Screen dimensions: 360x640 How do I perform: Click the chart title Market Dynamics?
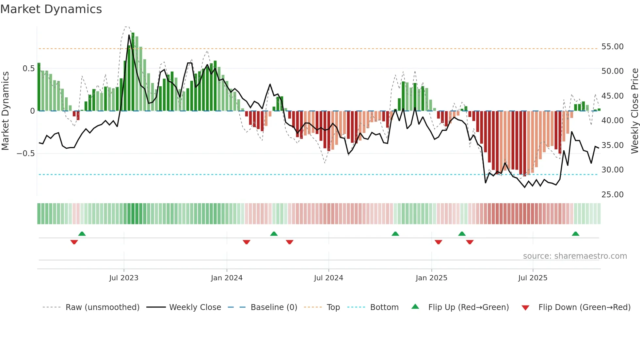pyautogui.click(x=51, y=9)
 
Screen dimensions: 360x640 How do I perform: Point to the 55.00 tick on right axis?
pyautogui.click(x=612, y=47)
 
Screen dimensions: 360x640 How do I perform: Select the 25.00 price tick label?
pyautogui.click(x=612, y=195)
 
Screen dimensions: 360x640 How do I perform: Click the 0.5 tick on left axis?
pyautogui.click(x=28, y=69)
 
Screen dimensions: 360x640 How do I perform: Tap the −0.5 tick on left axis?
pyautogui.click(x=26, y=154)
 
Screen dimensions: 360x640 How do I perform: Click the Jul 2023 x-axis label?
pyautogui.click(x=124, y=278)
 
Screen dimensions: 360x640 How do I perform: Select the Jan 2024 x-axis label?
pyautogui.click(x=227, y=278)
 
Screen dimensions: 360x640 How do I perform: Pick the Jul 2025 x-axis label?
pyautogui.click(x=533, y=278)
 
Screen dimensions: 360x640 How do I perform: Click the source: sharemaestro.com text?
pyautogui.click(x=575, y=256)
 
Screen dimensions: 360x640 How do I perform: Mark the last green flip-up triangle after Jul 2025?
pyautogui.click(x=575, y=234)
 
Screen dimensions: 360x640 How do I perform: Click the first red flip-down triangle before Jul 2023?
pyautogui.click(x=74, y=242)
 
